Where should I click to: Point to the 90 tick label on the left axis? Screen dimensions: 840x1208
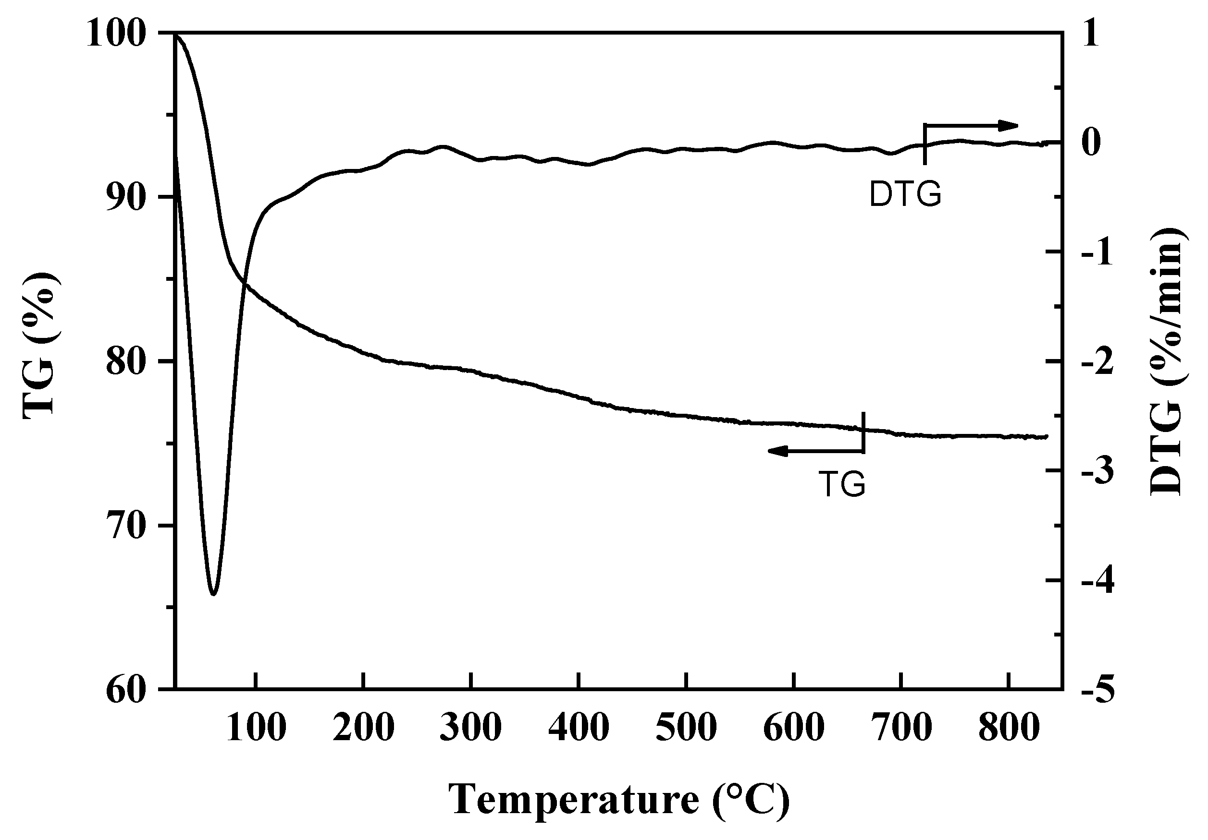127,199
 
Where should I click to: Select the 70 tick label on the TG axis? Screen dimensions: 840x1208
127,527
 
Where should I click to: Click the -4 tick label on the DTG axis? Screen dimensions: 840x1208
1097,581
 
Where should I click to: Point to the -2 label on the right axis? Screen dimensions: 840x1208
1097,363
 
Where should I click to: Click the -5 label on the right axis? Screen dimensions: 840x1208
1097,691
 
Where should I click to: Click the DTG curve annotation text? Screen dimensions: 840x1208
905,195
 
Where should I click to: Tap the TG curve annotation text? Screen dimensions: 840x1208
842,484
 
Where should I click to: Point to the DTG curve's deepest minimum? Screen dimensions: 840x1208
213,594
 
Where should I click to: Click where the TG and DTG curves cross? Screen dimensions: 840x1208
244,284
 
